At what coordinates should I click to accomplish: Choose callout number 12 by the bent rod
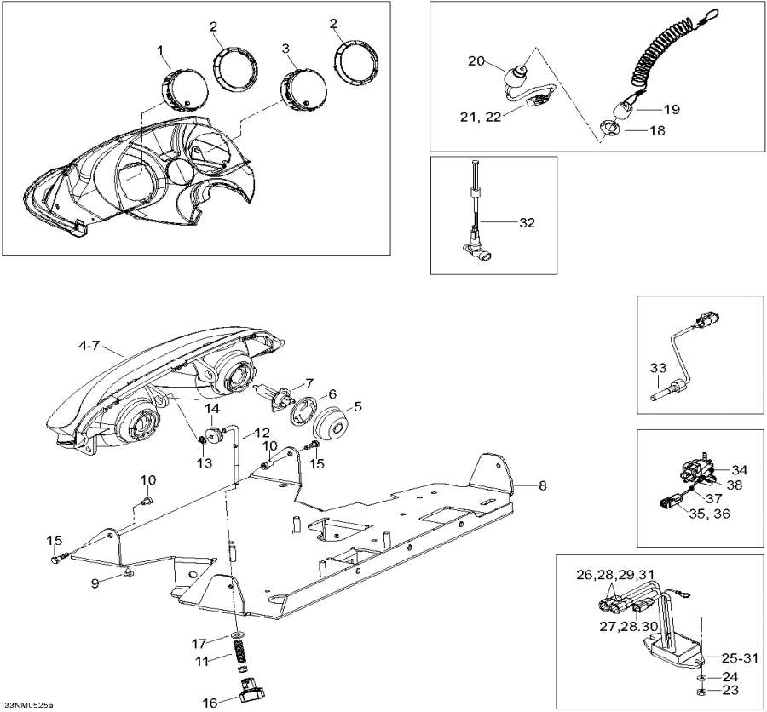(x=261, y=433)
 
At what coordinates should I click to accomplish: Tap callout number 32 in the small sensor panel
(x=528, y=223)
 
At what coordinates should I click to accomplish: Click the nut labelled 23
(x=699, y=690)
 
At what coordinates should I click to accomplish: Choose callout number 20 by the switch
(x=476, y=60)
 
